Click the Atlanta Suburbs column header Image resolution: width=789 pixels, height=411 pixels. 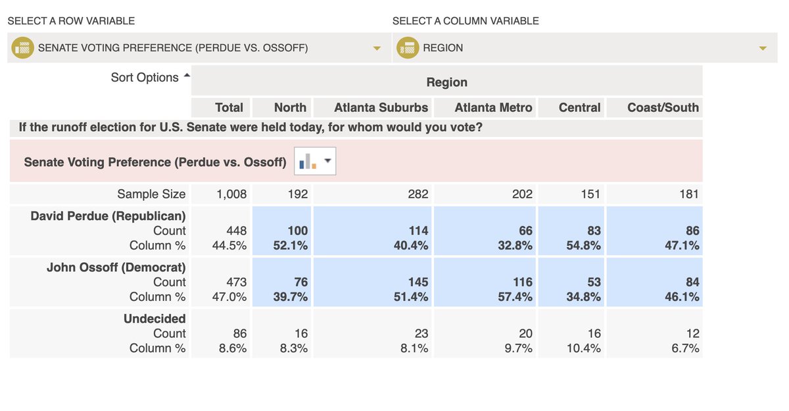(x=381, y=107)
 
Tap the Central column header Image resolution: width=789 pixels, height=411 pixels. (x=579, y=107)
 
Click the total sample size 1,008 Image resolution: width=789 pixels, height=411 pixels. (x=231, y=194)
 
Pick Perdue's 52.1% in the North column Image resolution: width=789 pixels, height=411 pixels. (x=290, y=246)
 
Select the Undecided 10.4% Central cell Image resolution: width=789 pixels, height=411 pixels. (x=583, y=348)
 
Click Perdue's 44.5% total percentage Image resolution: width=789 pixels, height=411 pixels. (x=232, y=246)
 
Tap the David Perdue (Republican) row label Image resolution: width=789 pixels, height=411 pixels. (x=108, y=216)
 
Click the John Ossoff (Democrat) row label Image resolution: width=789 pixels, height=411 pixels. (x=116, y=267)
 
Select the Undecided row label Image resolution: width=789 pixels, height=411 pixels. (x=155, y=319)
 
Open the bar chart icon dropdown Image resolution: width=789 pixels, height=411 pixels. (x=316, y=161)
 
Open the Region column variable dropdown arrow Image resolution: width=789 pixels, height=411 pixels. (x=763, y=48)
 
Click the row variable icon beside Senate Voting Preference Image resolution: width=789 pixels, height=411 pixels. (x=23, y=48)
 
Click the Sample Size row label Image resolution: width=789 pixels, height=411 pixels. (x=151, y=194)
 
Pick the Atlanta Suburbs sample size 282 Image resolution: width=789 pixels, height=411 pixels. (x=418, y=194)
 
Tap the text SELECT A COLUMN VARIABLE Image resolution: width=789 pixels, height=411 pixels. (x=466, y=21)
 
